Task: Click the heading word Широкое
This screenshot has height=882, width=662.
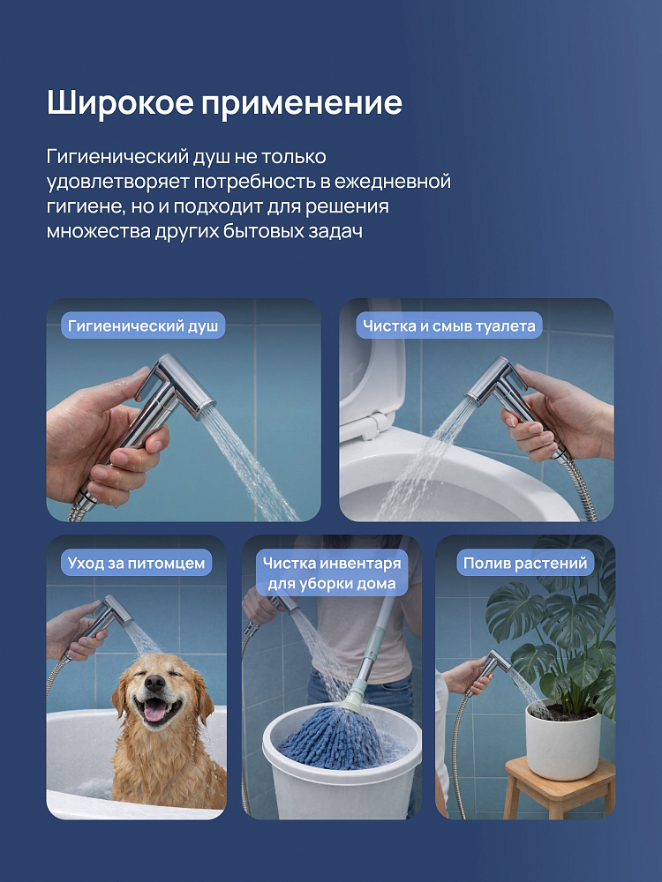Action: [x=119, y=103]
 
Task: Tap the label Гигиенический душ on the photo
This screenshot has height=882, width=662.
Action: [x=143, y=325]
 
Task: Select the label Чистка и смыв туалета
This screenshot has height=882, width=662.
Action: [x=448, y=325]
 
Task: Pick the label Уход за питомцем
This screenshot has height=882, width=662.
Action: [x=136, y=563]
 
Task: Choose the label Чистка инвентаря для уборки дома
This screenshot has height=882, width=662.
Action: [x=332, y=572]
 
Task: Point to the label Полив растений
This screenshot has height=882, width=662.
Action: [x=525, y=563]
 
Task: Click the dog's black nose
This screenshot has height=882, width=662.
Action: [x=154, y=683]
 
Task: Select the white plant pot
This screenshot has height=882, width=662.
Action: [x=562, y=741]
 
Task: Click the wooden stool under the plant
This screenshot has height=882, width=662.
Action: [x=559, y=787]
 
